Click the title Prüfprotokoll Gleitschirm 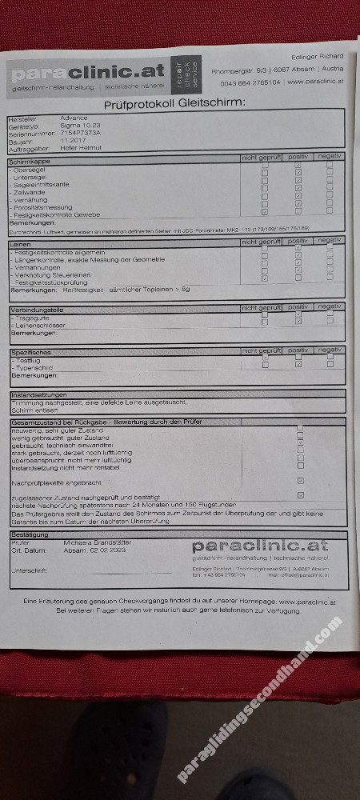tap(174, 105)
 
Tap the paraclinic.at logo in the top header tap(88, 73)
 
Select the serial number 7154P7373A tap(80, 133)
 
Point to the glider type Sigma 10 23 tap(79, 126)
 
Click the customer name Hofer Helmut tap(81, 148)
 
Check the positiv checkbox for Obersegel tap(298, 169)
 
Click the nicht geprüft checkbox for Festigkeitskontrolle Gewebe tap(265, 212)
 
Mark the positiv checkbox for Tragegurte tap(298, 318)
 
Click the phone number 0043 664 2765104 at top tap(250, 82)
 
